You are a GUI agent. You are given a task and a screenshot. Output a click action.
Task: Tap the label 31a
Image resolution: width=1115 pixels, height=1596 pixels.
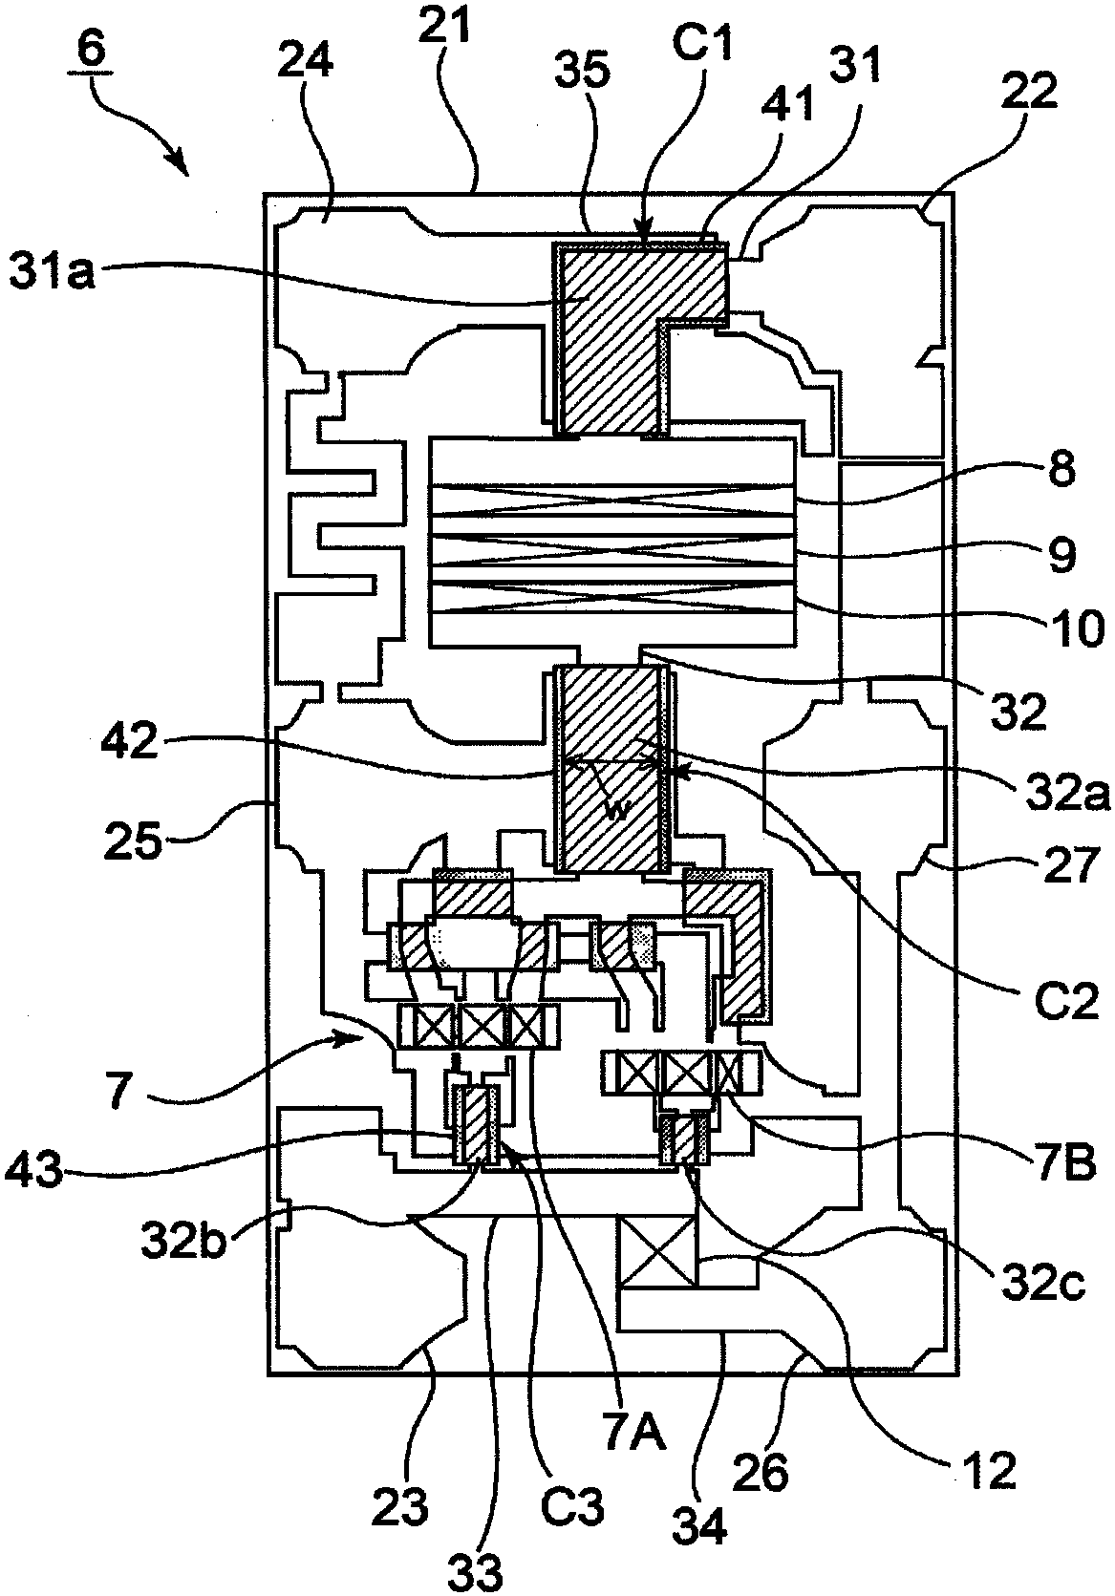(x=51, y=272)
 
